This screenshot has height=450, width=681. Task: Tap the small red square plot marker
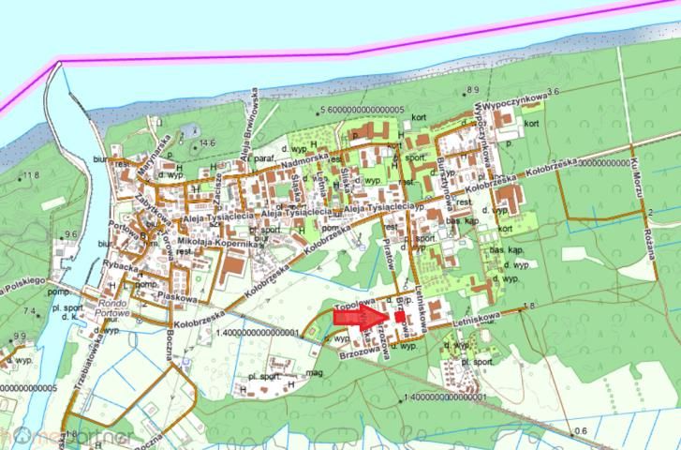click(400, 318)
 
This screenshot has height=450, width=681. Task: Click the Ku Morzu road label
click(638, 174)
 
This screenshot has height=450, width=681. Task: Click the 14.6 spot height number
click(207, 142)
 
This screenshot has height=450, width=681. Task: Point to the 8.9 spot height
click(471, 89)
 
